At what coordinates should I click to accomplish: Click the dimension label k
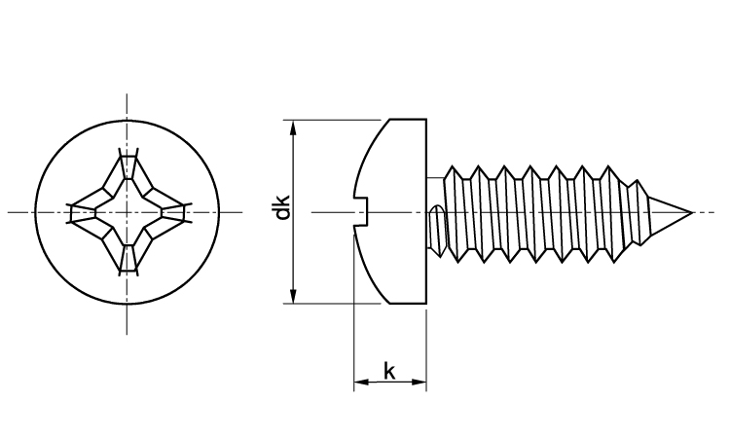tap(388, 371)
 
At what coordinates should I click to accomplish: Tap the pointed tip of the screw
tap(692, 212)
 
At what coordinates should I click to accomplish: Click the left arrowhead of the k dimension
tap(359, 383)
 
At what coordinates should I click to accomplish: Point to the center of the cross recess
tap(127, 211)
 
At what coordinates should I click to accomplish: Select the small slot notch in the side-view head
tap(363, 211)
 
